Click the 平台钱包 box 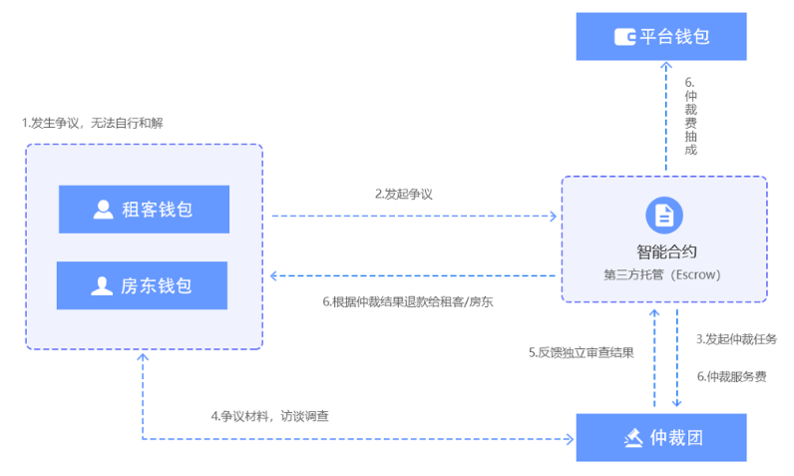[661, 37]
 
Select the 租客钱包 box [144, 210]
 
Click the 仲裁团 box [661, 437]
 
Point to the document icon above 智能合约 [663, 214]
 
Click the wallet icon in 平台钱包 [625, 38]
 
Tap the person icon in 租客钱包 [103, 210]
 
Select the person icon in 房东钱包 [102, 286]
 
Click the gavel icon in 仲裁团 [632, 437]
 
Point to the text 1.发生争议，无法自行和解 [92, 123]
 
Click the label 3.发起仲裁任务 [736, 338]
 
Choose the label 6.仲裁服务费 [731, 376]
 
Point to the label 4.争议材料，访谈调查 [269, 415]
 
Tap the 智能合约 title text [664, 251]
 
